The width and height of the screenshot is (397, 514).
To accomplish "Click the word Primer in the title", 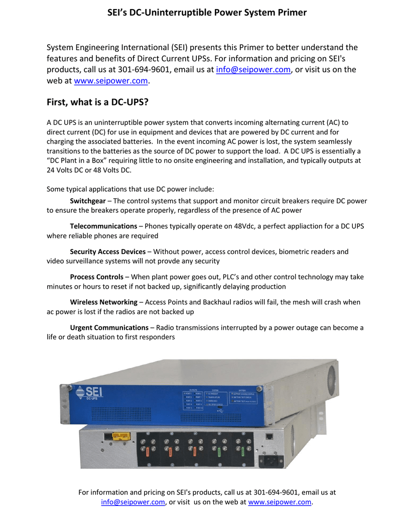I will point(289,13).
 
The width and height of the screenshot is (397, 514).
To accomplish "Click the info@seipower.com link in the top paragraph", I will point(253,70).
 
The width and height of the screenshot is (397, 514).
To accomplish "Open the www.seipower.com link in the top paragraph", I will point(111,81).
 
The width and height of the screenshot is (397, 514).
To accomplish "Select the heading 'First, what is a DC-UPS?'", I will point(98,102).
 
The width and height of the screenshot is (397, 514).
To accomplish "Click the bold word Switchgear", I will point(88,201).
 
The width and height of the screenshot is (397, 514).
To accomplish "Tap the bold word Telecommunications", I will point(103,226).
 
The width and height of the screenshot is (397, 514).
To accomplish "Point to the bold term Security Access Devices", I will point(107,251).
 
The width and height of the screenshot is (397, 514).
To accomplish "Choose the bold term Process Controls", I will point(96,277).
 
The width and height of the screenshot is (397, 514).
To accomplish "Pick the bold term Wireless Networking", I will point(103,302).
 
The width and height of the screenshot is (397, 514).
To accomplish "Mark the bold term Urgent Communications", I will point(109,328).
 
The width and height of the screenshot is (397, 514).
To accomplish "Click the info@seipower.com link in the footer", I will point(133,502).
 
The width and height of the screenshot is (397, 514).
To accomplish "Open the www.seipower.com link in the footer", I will point(280,502).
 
